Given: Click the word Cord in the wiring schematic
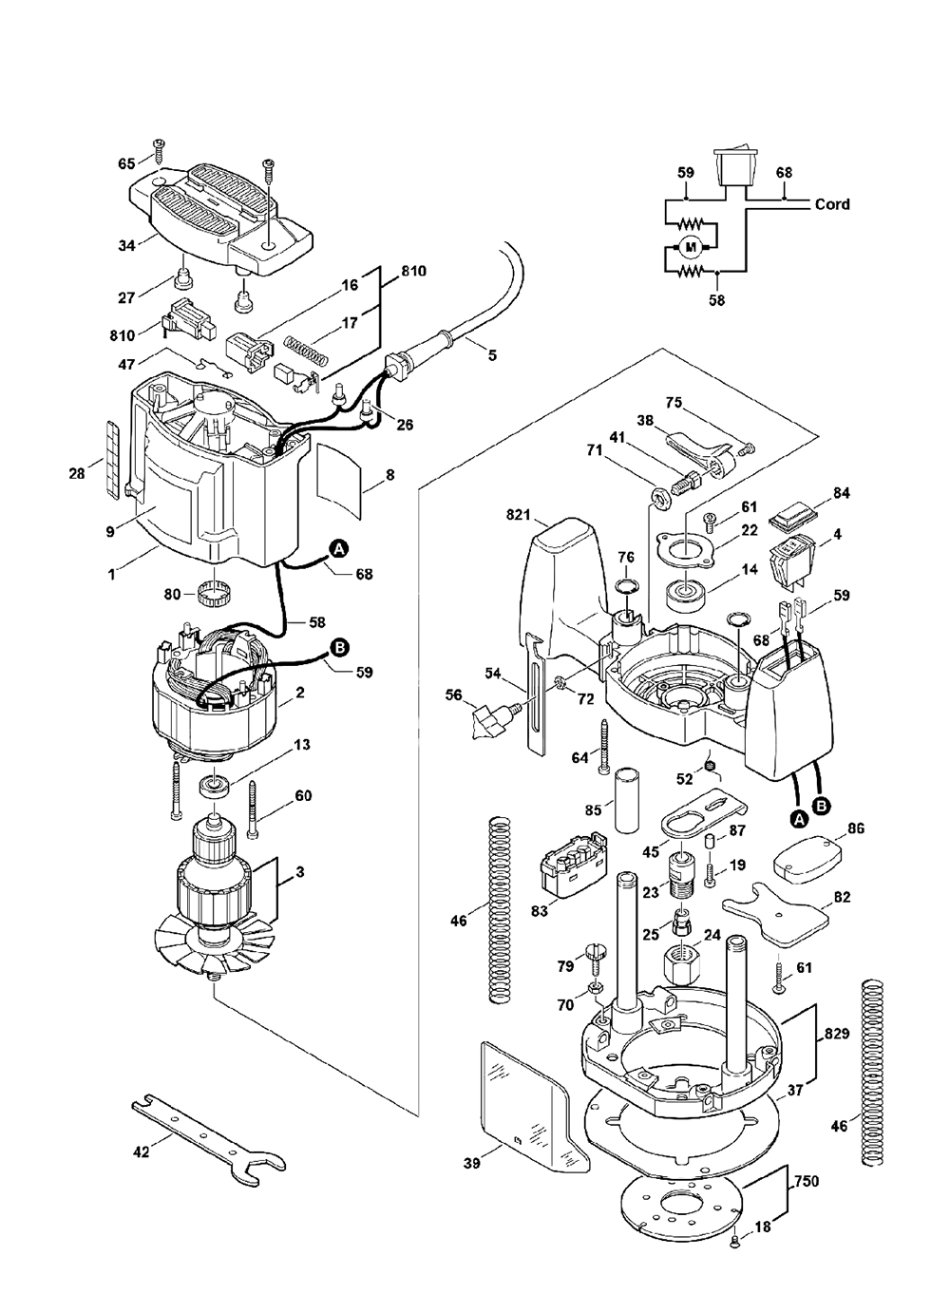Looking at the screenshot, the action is pos(832,204).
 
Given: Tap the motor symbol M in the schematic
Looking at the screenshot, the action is pos(691,247).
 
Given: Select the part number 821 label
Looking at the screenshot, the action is pos(518,515).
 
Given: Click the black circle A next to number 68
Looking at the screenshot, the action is pos(339,550).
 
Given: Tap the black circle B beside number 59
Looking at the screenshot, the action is pos(339,647).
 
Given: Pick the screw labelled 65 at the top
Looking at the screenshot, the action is pos(159,151).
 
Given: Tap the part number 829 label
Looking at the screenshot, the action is pos(836,1033).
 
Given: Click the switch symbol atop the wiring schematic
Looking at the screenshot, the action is pos(734,167).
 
